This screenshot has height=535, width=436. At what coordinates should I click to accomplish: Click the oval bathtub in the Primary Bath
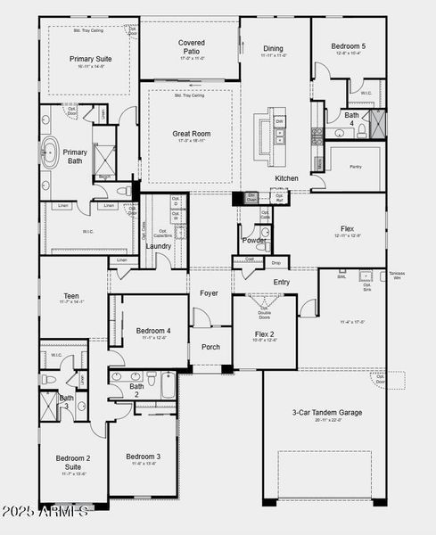click(48, 152)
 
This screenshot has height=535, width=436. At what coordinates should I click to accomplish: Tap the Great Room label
click(190, 134)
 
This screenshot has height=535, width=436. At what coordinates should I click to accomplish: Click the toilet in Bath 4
click(361, 130)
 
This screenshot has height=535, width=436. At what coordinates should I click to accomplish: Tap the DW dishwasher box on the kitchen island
click(280, 121)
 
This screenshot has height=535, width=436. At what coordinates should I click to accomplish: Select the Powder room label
click(254, 240)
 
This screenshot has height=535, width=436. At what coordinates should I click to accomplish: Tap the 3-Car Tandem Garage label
click(326, 413)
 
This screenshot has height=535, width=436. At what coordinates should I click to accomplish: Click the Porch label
click(210, 347)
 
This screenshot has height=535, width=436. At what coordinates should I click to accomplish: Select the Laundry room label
click(159, 246)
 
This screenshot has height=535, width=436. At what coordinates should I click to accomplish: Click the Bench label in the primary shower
click(103, 177)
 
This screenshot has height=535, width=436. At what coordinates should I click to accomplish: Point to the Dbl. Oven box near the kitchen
click(251, 197)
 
